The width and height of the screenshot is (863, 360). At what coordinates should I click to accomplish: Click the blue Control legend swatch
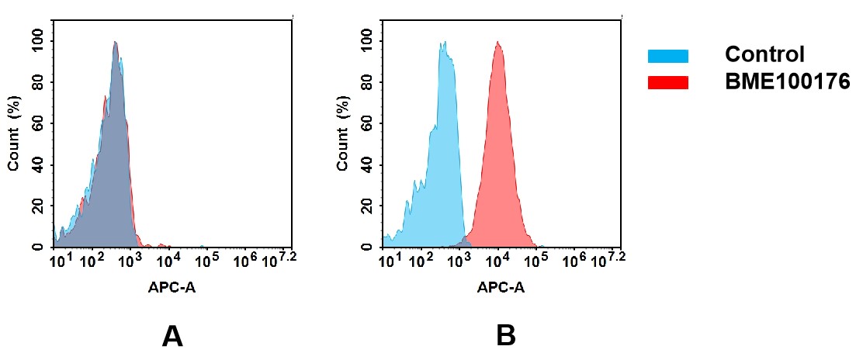tap(667, 56)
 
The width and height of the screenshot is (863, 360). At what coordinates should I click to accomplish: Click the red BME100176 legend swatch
tap(667, 82)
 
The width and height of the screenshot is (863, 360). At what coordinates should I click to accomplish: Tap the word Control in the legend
tap(764, 55)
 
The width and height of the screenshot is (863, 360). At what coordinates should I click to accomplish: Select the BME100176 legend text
tap(787, 82)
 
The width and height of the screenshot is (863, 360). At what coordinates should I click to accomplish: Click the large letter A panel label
tap(172, 337)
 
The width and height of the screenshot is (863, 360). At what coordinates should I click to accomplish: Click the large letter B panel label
tap(505, 337)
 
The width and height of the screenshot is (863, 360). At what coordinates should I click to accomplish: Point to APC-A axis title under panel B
tap(501, 288)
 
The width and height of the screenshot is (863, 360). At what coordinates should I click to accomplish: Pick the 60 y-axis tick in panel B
tap(369, 123)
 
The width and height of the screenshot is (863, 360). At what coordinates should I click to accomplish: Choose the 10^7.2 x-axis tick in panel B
tap(609, 259)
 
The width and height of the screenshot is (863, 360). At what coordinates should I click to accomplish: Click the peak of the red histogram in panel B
tap(498, 43)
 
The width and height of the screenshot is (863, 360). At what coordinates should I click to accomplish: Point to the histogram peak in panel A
tap(115, 43)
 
